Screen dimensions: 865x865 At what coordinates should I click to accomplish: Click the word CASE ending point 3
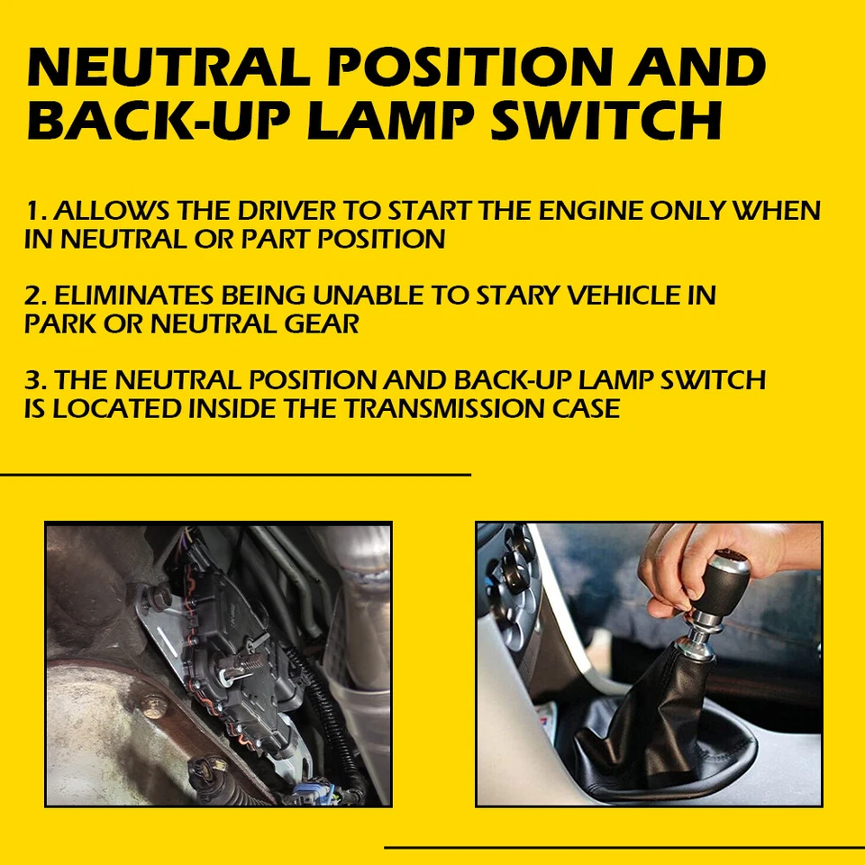(586, 408)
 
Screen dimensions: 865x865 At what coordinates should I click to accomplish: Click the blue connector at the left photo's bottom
(311, 793)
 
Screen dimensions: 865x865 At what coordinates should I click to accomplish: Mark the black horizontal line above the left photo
(234, 474)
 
